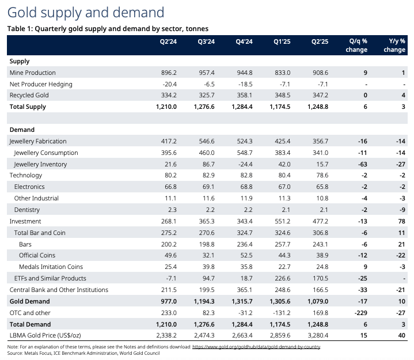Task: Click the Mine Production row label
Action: coord(33,73)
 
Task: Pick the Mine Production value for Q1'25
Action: coord(282,73)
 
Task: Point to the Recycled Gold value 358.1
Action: coord(244,95)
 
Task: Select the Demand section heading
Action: coord(22,130)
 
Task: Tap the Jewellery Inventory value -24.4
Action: coord(244,164)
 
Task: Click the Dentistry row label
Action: coord(27,210)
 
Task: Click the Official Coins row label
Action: coord(37,255)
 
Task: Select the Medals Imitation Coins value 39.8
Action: coord(206,267)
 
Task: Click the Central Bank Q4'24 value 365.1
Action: coord(244,290)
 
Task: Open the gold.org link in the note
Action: coord(256,347)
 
